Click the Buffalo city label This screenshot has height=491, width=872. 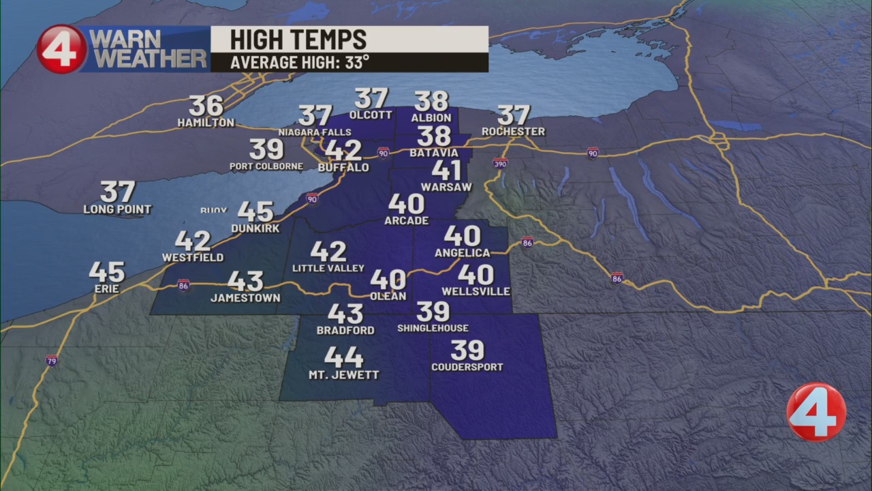343,168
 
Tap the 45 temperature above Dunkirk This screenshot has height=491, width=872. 255,212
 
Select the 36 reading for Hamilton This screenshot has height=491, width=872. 206,106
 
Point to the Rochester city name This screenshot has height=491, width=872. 513,131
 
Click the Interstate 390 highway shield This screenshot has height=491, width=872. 500,163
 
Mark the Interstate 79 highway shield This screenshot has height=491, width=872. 52,360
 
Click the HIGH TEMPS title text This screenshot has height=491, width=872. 298,40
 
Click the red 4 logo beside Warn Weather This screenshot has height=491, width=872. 61,49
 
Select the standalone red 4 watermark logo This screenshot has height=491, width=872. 816,412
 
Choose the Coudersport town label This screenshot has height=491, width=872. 467,367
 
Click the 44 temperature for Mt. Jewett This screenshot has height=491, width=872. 343,357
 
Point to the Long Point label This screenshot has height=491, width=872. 117,209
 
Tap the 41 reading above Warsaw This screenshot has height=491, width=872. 446,170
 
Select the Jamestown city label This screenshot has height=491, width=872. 245,298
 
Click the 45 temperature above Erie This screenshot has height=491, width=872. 107,272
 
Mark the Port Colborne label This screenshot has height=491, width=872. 266,166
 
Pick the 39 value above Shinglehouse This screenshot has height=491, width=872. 433,312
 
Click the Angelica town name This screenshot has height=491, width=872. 463,253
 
